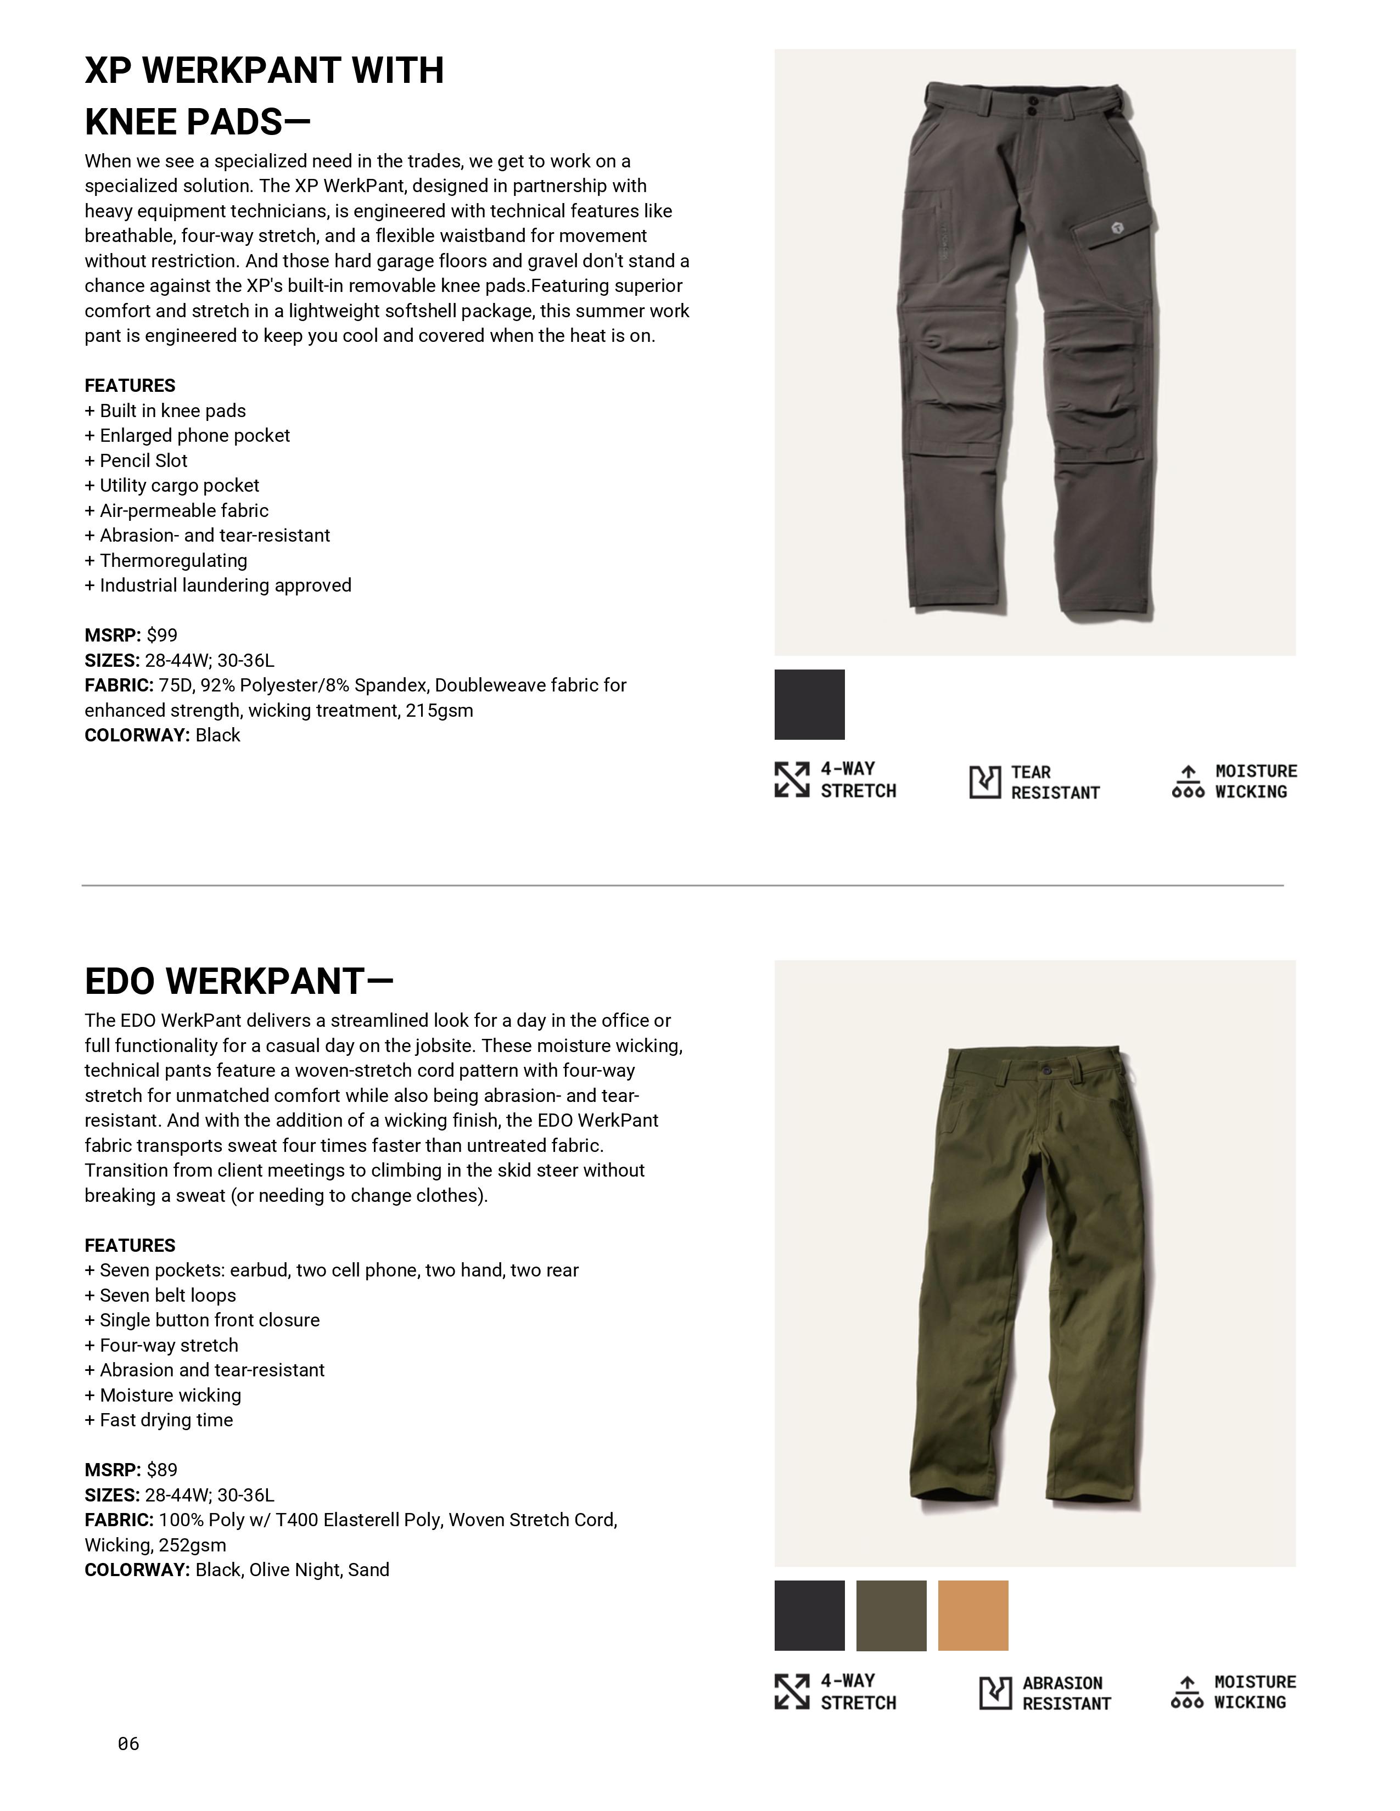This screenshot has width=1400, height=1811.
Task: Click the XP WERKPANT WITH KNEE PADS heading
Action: coord(264,95)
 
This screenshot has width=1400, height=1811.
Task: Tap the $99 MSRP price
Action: coord(162,635)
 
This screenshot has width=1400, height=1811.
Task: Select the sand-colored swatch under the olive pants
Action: coord(973,1615)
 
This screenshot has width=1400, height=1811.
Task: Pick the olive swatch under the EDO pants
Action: coord(891,1615)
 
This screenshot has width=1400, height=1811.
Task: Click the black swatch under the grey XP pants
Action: coord(809,704)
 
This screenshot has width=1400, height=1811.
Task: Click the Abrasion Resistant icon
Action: coord(995,1693)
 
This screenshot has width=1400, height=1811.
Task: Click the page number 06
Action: coord(128,1744)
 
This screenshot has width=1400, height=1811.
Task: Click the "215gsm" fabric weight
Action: coord(439,711)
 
